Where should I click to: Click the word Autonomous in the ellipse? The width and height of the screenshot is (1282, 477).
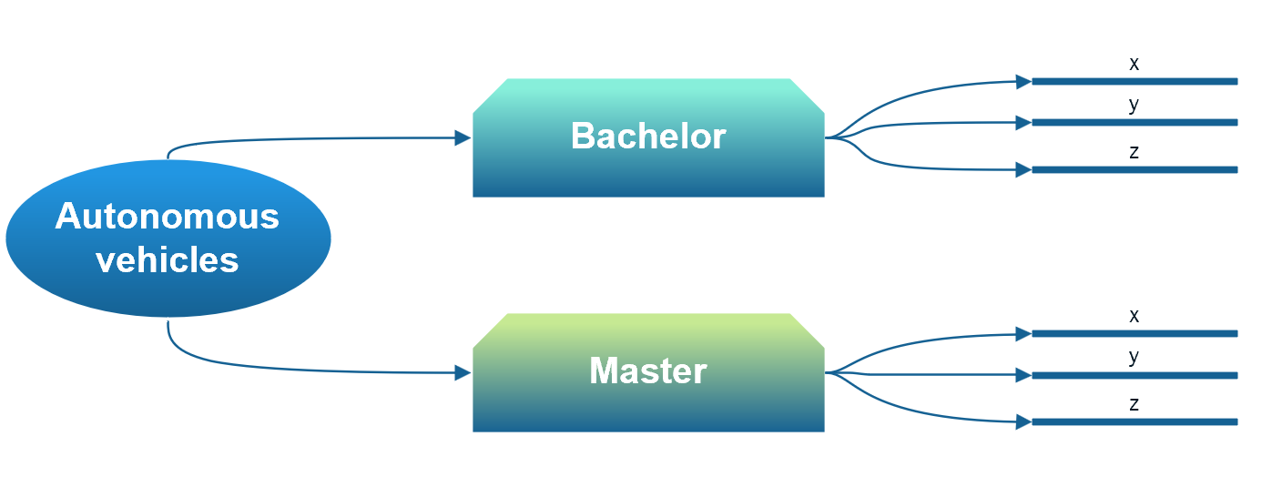167,217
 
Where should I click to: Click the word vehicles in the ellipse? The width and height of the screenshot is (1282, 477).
167,260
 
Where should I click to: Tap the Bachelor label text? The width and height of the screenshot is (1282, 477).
648,137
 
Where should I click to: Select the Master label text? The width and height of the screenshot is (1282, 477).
648,371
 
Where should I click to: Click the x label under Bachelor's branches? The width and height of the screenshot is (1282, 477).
1134,64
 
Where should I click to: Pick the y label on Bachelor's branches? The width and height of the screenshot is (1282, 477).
1134,105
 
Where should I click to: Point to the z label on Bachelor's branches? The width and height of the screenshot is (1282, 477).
1134,152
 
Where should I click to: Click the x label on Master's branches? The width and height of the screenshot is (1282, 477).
1134,316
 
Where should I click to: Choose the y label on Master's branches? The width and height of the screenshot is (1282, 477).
1134,357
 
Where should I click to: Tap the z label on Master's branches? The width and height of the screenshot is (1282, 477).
1134,404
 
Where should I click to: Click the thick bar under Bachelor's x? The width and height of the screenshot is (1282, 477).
1134,82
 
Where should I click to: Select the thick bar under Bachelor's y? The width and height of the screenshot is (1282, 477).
1134,122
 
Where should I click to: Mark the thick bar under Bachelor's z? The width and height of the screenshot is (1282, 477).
1134,169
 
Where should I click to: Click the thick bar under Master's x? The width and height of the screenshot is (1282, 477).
1134,334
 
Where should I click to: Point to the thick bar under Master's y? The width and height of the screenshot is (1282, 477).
1134,375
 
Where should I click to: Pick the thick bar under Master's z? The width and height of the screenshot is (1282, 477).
1134,421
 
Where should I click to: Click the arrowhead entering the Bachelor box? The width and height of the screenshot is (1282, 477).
463,137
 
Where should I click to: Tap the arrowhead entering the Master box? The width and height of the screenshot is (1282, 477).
463,372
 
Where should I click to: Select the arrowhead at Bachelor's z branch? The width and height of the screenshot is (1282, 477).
1023,169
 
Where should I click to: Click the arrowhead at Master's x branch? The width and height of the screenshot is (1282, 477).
1023,334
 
